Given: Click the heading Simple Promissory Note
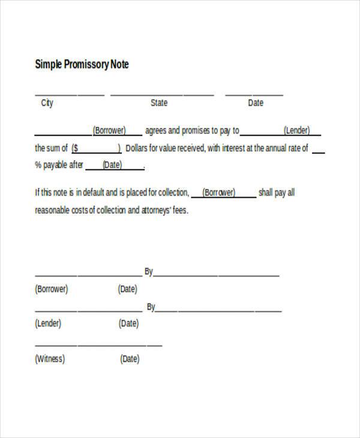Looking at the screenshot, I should [82, 64].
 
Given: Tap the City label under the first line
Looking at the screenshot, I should [47, 103].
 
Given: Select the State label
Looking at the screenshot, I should [159, 103].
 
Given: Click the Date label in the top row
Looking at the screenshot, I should [256, 103].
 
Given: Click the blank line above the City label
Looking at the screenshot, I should [69, 95].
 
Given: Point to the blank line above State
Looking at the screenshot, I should [162, 95].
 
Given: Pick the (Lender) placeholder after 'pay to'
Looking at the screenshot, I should [296, 130].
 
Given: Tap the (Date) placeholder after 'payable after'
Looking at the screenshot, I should [112, 165].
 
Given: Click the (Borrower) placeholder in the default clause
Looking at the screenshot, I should [220, 193].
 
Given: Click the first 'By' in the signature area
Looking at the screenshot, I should [149, 272].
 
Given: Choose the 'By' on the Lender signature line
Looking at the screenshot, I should [151, 307].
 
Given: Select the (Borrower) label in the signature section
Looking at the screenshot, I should [52, 289].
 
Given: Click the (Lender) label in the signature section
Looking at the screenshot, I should [48, 323].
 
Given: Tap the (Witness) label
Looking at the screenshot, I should [50, 359].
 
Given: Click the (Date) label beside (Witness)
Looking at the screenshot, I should [130, 359].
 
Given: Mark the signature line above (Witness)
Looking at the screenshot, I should [98, 345].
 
